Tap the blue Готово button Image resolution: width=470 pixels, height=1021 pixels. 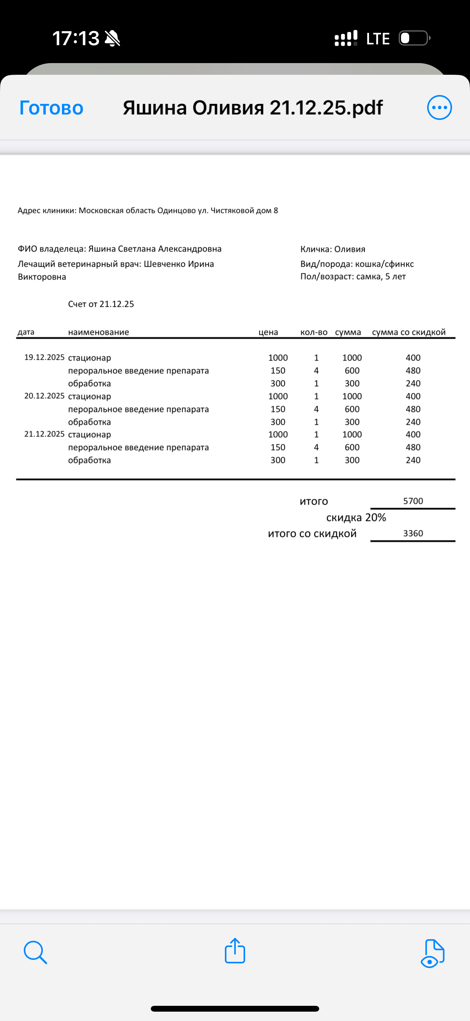coord(51,108)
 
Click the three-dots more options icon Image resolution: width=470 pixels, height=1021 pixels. coord(439,107)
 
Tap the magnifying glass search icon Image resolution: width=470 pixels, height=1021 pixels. coord(35,952)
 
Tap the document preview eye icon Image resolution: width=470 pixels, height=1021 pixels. coord(432,953)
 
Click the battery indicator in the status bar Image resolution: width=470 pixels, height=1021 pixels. coord(413,39)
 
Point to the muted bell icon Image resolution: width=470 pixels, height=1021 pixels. coord(112,39)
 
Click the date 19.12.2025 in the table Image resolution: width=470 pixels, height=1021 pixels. coord(44,357)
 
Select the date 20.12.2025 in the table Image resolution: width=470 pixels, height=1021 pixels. coord(44,396)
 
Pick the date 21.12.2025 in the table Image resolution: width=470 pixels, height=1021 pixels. coord(44,434)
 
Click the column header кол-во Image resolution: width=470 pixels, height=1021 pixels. coord(314,332)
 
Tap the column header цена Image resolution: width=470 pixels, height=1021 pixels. coord(268,332)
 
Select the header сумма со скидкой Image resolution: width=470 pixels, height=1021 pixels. coord(408,332)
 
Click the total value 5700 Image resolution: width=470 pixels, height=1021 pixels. coord(413,501)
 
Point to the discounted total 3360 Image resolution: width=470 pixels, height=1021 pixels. coord(413,533)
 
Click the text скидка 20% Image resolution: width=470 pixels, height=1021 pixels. coord(356,518)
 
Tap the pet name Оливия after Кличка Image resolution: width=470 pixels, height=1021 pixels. coord(350,249)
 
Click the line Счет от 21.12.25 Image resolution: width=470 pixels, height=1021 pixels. coord(101,304)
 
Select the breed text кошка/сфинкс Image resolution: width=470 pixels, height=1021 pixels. coord(384,264)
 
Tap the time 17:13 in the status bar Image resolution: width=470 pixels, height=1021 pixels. coord(76,39)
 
